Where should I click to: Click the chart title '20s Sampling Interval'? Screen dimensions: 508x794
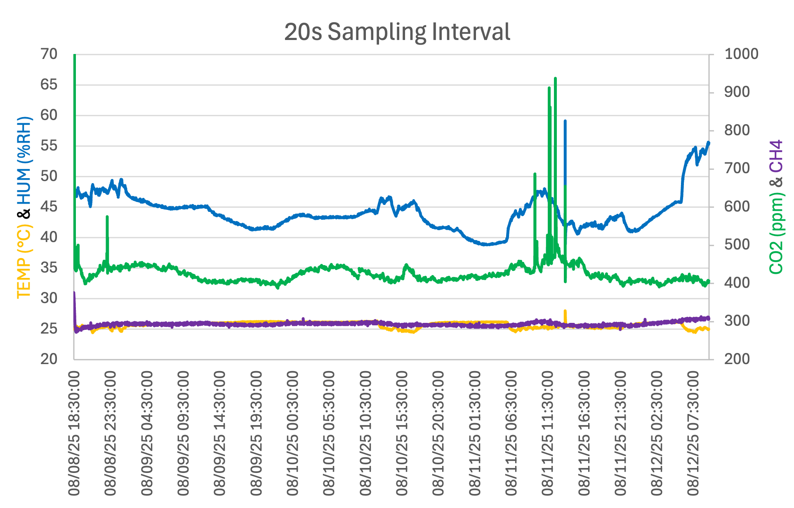coord(397,32)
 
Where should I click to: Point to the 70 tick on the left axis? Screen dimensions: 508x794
coord(49,54)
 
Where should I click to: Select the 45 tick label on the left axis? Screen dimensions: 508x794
coord(49,207)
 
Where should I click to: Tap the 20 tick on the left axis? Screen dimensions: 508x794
coord(49,359)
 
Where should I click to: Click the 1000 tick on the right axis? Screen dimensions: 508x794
coord(741,54)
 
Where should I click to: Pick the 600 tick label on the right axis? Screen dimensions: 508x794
coord(737,207)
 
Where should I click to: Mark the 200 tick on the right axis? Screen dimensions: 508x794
coord(737,359)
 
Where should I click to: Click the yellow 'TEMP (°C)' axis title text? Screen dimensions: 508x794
coord(24,261)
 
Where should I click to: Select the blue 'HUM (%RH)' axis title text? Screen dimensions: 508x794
coord(24,161)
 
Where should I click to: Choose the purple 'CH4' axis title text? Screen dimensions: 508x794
coord(776,156)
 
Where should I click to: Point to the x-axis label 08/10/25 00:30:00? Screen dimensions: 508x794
coord(292,433)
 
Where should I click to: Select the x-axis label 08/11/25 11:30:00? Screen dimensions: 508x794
coord(547,433)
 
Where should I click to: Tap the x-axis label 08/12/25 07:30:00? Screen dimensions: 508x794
coord(693,433)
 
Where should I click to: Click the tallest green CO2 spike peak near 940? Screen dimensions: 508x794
coord(555,78)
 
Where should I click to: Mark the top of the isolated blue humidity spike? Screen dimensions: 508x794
coord(565,121)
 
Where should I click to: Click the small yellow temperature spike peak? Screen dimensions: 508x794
coord(565,311)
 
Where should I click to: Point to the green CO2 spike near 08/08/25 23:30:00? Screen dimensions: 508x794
coord(107,217)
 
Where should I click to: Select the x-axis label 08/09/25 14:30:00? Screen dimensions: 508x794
coord(220,433)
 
